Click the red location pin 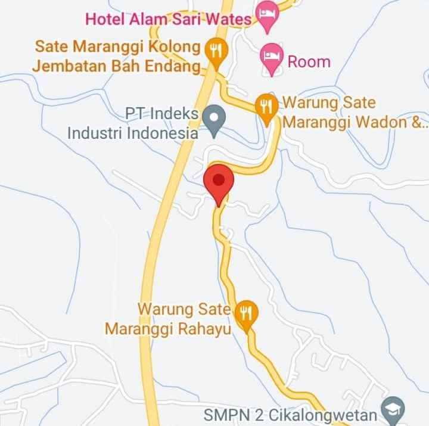coord(219,181)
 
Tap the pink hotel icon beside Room coord(272,57)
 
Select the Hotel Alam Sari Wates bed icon coord(267,13)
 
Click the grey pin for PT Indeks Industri coord(213,117)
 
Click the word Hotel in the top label coord(106,18)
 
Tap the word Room coord(309,61)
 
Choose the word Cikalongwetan coord(325,414)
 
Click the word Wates coord(228,18)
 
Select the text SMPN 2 coord(231,414)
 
